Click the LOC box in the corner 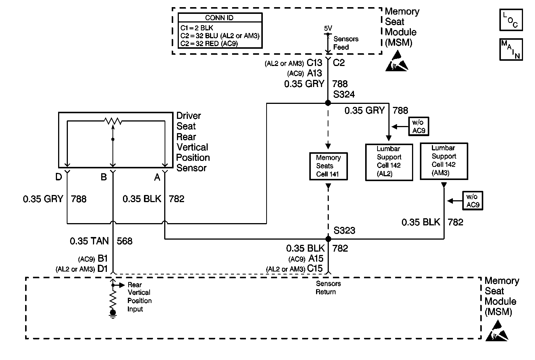coord(511,20)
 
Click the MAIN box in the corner coord(511,49)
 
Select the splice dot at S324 coord(328,103)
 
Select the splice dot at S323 coord(328,238)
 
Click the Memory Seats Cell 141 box coord(328,166)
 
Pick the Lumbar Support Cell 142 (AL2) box coord(389,162)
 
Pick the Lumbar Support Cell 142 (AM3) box coord(444,161)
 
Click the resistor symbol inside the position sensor coord(113,121)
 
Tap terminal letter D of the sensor coord(59,177)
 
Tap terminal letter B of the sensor coord(104,177)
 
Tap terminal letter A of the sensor coord(157,177)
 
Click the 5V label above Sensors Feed coord(328,28)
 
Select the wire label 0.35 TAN coord(89,241)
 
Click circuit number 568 coord(124,241)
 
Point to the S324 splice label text coord(344,94)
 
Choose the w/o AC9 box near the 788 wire coord(419,126)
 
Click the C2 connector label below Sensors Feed coord(339,63)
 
